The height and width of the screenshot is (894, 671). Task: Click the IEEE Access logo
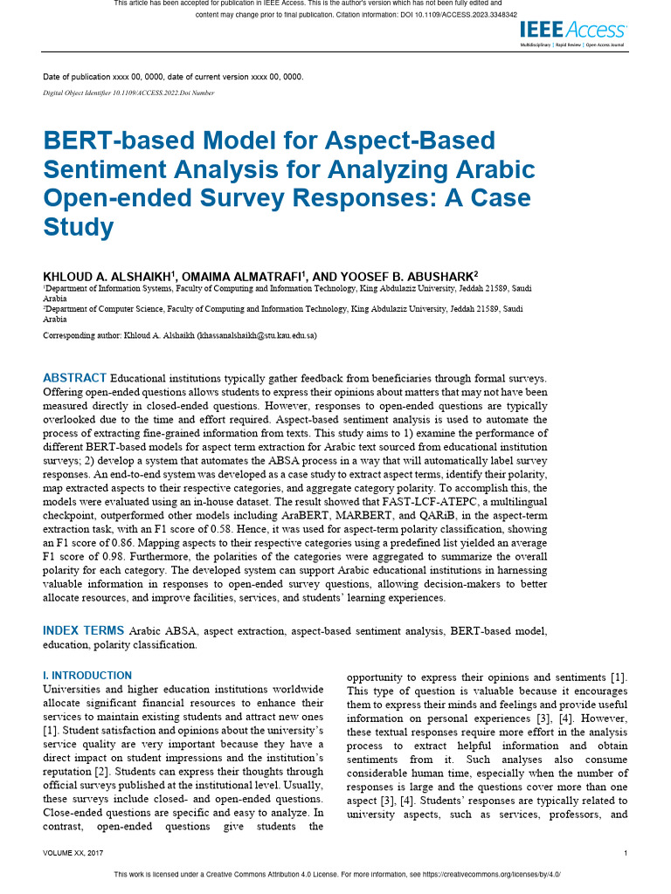click(x=572, y=31)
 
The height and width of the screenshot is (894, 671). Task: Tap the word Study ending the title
click(x=79, y=227)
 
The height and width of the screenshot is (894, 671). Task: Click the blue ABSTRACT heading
click(x=75, y=378)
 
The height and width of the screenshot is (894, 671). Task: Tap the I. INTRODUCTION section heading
click(x=87, y=676)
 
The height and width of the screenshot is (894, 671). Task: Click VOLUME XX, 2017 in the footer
click(x=79, y=852)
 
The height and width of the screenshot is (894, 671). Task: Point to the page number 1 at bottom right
click(x=626, y=852)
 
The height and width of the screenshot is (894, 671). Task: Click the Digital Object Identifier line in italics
click(x=128, y=93)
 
